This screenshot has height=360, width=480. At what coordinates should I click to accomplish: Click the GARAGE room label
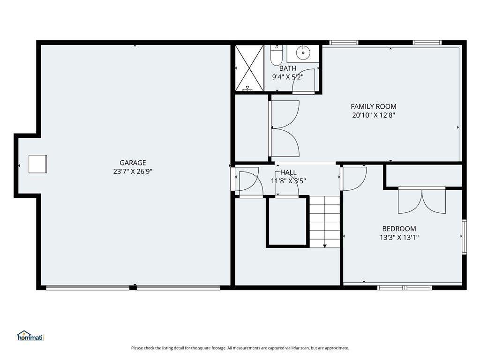(133, 163)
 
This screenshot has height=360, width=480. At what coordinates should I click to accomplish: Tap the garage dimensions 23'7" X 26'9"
(133, 172)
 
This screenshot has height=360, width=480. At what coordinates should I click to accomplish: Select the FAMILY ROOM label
(374, 106)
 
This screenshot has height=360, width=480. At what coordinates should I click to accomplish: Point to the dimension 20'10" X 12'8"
(374, 115)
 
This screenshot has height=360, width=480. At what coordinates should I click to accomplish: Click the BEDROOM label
(399, 229)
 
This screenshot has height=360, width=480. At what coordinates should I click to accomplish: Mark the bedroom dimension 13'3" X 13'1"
(399, 237)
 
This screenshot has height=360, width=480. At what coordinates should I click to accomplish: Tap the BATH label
(288, 68)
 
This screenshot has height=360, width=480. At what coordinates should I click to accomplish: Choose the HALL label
(288, 172)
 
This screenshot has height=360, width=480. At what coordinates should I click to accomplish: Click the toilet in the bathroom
(277, 55)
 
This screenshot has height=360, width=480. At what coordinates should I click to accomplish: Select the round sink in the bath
(303, 53)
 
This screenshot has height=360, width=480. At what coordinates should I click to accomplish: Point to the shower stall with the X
(249, 68)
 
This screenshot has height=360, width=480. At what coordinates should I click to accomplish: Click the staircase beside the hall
(324, 222)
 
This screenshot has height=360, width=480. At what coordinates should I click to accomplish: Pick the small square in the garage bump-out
(37, 164)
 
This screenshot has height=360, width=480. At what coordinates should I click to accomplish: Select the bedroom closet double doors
(422, 201)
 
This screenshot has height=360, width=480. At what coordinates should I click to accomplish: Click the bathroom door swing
(304, 81)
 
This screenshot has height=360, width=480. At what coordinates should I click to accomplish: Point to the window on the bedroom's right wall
(464, 237)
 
